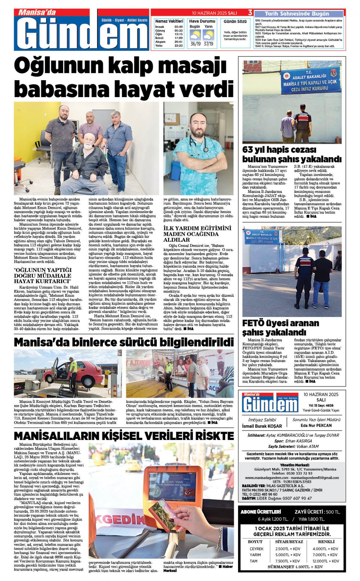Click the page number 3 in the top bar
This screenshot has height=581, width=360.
pos(250,13)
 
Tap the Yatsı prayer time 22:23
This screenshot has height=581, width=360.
pos(179,46)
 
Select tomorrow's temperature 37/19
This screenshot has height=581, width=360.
pos(208,44)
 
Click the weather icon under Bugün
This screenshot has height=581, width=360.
pos(195,35)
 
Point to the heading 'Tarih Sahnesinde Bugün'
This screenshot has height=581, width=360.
pos(297,14)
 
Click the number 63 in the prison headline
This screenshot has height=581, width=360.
pos(248,150)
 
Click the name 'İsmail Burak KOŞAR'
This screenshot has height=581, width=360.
pos(262,426)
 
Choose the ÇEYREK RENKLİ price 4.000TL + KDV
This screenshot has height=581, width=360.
pos(325,549)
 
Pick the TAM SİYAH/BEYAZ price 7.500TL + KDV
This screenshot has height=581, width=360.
pos(288,561)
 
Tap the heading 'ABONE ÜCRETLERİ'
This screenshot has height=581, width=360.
pos(261,512)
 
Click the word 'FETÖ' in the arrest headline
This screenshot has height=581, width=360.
pos(255,323)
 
